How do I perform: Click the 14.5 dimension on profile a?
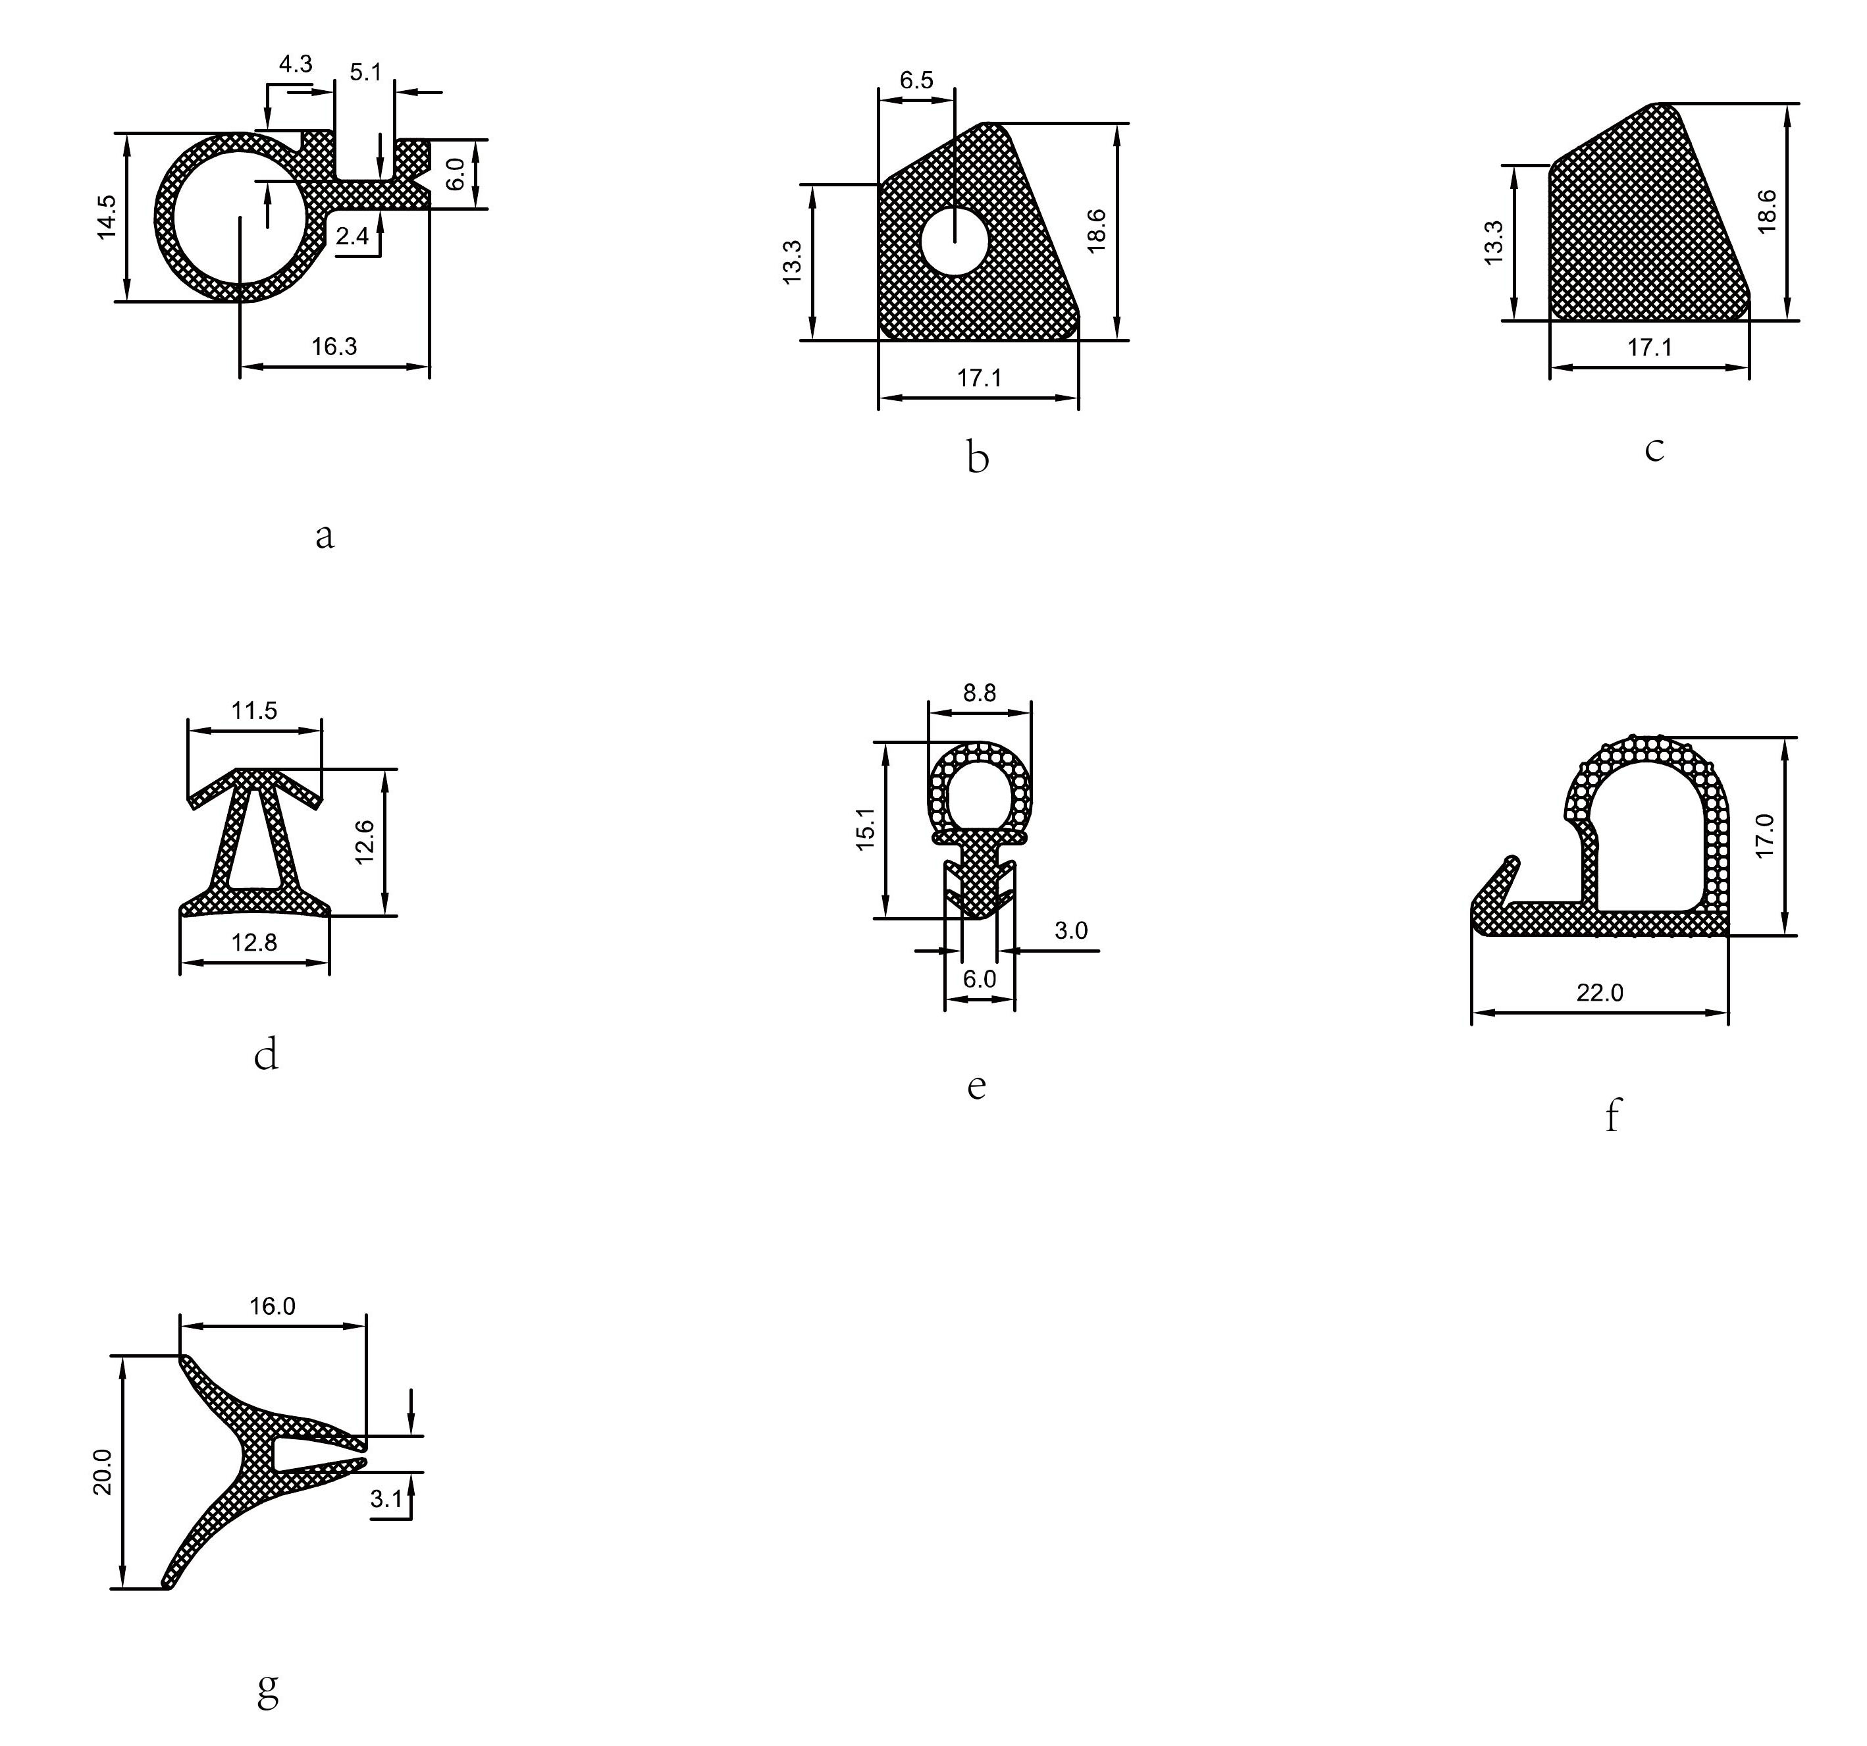click(x=107, y=217)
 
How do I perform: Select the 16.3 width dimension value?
click(x=334, y=346)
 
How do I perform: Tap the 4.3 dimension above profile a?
click(x=295, y=64)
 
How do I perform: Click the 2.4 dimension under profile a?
click(x=352, y=236)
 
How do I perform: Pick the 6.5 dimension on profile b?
click(x=916, y=80)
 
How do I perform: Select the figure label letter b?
click(x=978, y=458)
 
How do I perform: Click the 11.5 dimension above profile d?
click(x=255, y=710)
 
